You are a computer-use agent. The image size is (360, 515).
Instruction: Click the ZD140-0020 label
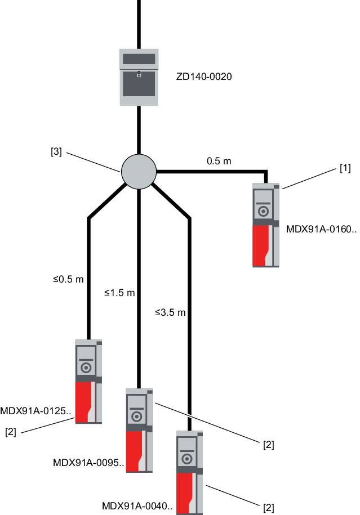[204, 76]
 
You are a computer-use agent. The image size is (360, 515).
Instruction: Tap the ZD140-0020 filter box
[139, 77]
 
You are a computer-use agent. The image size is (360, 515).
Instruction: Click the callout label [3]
[56, 152]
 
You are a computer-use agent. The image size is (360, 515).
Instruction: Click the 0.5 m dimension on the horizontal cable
[219, 161]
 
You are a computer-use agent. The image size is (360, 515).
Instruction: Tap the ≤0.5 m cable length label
[68, 279]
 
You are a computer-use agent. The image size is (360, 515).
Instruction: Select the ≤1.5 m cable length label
[119, 293]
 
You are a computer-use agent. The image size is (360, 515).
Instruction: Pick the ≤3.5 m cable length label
[170, 312]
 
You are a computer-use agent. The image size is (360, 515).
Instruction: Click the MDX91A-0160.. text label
[322, 229]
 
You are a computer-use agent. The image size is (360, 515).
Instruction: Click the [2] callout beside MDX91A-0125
[11, 432]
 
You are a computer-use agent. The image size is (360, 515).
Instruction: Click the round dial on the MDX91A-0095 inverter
[136, 417]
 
